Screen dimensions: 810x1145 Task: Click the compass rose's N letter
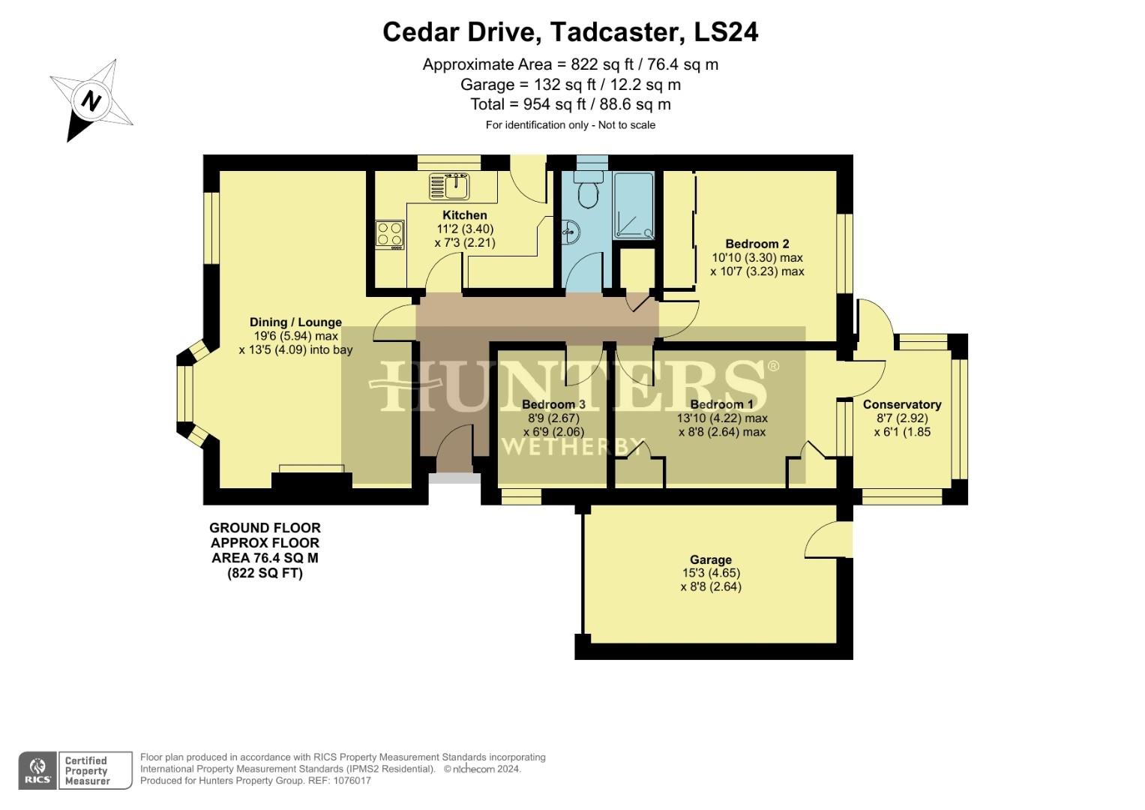point(91,100)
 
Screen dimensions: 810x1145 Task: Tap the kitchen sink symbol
point(449,185)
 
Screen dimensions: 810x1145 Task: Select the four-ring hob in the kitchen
point(390,234)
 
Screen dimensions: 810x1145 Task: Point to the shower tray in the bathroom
point(634,205)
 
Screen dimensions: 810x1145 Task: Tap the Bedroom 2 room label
point(757,244)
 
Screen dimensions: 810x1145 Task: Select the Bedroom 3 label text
point(553,404)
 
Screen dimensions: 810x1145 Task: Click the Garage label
point(710,559)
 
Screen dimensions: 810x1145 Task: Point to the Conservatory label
point(902,404)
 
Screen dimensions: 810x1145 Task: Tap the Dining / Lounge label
point(295,322)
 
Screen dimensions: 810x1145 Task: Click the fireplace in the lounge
point(312,478)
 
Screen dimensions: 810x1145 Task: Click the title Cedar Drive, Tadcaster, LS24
point(570,32)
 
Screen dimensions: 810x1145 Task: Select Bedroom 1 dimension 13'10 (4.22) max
point(722,418)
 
